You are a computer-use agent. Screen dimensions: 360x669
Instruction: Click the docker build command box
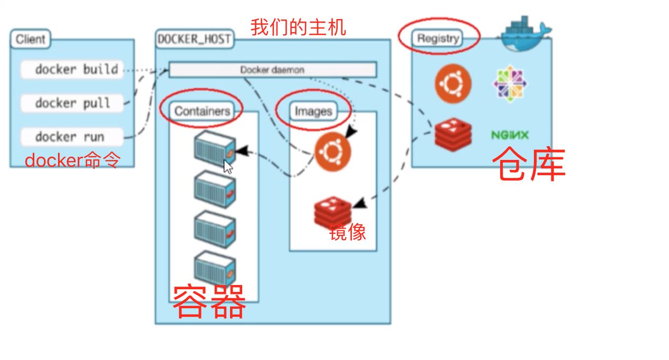[x=72, y=70]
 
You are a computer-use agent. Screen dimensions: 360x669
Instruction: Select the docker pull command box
[x=72, y=103]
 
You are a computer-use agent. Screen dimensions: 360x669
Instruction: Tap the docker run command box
[x=72, y=137]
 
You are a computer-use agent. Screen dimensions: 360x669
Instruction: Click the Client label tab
[x=30, y=39]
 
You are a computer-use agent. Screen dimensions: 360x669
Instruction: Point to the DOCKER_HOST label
[x=194, y=39]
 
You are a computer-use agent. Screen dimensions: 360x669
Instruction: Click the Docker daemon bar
[x=272, y=70]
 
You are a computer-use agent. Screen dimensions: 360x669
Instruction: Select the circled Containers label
[x=202, y=111]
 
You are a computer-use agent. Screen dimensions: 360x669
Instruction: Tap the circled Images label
[x=313, y=111]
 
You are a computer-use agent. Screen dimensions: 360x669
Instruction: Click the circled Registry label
[x=438, y=39]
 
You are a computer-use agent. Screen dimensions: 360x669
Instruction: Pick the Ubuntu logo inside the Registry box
[x=453, y=84]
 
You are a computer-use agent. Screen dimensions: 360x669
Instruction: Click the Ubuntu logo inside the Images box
[x=332, y=153]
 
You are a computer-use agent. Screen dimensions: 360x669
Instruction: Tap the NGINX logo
[x=510, y=135]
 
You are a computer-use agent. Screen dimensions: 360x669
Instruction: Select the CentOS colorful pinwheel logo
[x=510, y=84]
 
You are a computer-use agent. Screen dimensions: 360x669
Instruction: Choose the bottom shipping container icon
[x=214, y=268]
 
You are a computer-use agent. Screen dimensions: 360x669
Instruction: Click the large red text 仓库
[x=529, y=164]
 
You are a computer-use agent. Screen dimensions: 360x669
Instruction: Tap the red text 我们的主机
[x=298, y=26]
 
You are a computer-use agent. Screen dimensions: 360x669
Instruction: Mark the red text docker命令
[x=72, y=160]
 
